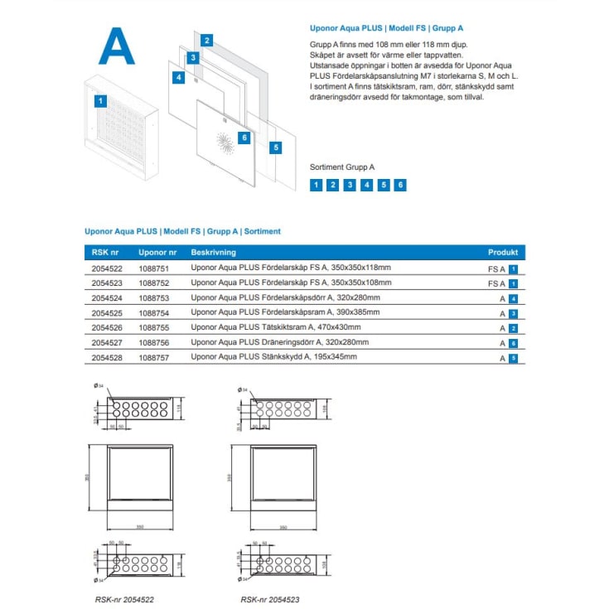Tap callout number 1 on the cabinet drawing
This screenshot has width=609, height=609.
click(x=100, y=101)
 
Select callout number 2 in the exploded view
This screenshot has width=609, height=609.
click(x=207, y=40)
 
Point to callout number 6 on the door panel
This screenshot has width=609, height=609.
click(x=244, y=138)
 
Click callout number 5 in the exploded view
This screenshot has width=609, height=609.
click(x=276, y=147)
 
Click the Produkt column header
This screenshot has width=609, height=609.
click(x=502, y=253)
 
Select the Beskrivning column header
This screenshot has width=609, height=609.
click(x=214, y=253)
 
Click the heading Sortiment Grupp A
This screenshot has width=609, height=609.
click(x=341, y=167)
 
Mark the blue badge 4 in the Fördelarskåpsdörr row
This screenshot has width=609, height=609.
click(x=514, y=298)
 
